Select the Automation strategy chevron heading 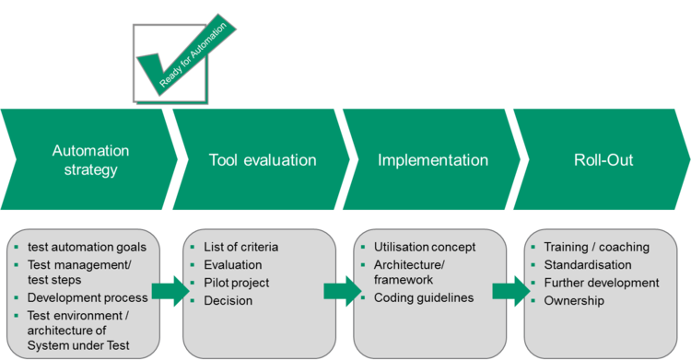coord(90,160)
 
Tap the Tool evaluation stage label coord(262,160)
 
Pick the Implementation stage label coord(432,160)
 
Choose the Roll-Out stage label coord(603,160)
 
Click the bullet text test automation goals coord(81,246)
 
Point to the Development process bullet coord(88,297)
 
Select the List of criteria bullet coord(242,247)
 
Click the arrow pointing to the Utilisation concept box coord(338,292)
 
